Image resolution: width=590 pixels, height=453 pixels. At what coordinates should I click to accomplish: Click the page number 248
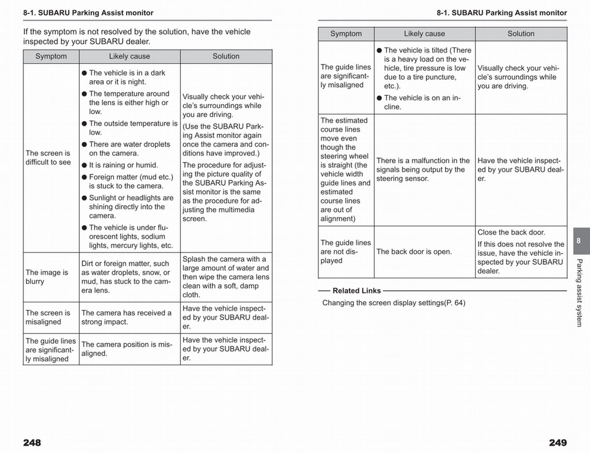tap(32, 442)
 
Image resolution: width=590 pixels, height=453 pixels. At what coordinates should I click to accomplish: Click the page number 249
tap(558, 442)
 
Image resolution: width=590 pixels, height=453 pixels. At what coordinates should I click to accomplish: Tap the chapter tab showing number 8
tap(578, 241)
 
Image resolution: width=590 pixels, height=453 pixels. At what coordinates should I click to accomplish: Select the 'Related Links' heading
tap(356, 291)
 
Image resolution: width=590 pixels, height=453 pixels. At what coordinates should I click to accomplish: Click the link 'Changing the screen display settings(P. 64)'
tap(393, 303)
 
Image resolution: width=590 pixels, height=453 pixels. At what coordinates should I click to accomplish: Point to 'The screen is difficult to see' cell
tap(48, 158)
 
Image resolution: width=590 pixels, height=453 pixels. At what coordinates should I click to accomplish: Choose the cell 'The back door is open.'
tap(414, 252)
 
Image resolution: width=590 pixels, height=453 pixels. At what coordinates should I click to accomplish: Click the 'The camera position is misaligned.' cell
tap(127, 349)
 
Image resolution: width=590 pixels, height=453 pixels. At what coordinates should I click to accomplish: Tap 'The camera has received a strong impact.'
tap(127, 317)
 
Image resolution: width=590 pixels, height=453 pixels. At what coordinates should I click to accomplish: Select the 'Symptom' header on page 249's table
tap(346, 34)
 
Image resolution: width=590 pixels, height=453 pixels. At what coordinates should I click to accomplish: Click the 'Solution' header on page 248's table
tap(226, 57)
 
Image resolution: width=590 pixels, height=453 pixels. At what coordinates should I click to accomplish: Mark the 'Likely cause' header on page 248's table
tap(129, 57)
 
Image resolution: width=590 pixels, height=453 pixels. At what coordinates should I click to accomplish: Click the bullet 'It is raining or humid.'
tap(123, 165)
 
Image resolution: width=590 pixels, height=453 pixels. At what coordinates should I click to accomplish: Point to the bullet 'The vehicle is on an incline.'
tap(421, 102)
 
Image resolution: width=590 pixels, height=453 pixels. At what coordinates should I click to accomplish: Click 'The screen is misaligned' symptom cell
tap(48, 317)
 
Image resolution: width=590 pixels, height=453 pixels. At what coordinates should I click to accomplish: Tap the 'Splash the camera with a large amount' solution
tap(226, 277)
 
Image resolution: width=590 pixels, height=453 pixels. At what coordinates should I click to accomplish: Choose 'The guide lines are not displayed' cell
tap(346, 251)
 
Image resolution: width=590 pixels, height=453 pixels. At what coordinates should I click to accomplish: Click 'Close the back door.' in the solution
tap(511, 232)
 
